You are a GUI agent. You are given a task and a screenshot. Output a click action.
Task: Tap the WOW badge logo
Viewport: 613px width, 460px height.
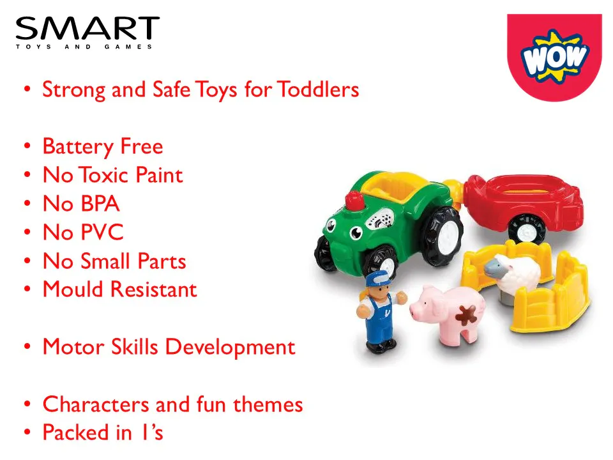(x=554, y=57)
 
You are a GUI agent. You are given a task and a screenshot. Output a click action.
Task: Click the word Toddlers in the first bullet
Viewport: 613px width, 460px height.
(x=318, y=89)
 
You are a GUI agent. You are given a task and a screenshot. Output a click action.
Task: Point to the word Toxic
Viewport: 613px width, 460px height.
(x=104, y=175)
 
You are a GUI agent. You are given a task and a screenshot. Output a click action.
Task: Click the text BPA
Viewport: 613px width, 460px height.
(x=100, y=204)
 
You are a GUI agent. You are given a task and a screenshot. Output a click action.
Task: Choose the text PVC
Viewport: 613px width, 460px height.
(x=102, y=233)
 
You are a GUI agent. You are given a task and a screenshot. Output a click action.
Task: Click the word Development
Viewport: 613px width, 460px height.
(x=230, y=348)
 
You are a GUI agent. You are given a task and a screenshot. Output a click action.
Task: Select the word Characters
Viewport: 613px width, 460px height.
(x=96, y=404)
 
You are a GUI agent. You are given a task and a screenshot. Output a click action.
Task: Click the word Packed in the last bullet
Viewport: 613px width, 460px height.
(x=76, y=433)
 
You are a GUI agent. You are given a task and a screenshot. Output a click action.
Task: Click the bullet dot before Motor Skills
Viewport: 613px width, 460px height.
(x=27, y=346)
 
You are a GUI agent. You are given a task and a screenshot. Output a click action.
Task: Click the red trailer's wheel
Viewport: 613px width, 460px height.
(x=526, y=229)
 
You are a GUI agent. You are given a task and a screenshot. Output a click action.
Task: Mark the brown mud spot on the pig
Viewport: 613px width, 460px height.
(x=466, y=315)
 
